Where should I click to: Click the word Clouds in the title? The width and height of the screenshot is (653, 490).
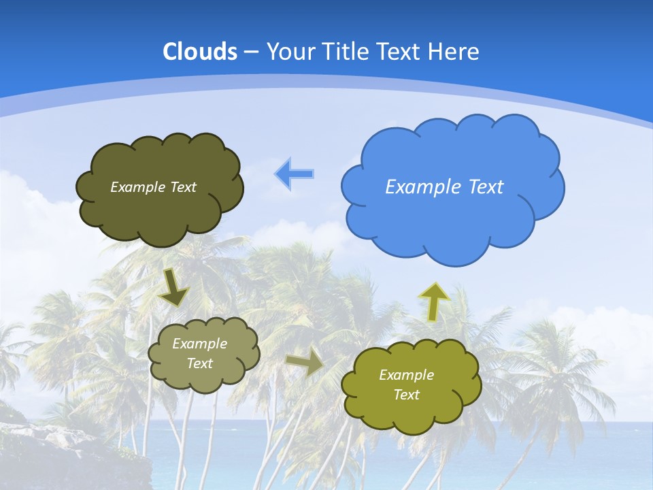point(199,52)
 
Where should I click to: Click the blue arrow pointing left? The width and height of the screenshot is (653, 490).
point(295,174)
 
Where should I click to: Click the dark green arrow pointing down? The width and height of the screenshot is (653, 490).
point(174,289)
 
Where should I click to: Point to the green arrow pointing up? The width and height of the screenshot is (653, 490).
point(433,301)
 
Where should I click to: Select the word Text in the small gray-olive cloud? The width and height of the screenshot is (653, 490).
point(200,363)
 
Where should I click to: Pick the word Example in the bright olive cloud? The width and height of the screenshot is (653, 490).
point(406,375)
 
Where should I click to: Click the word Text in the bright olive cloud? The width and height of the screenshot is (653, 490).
point(406,395)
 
